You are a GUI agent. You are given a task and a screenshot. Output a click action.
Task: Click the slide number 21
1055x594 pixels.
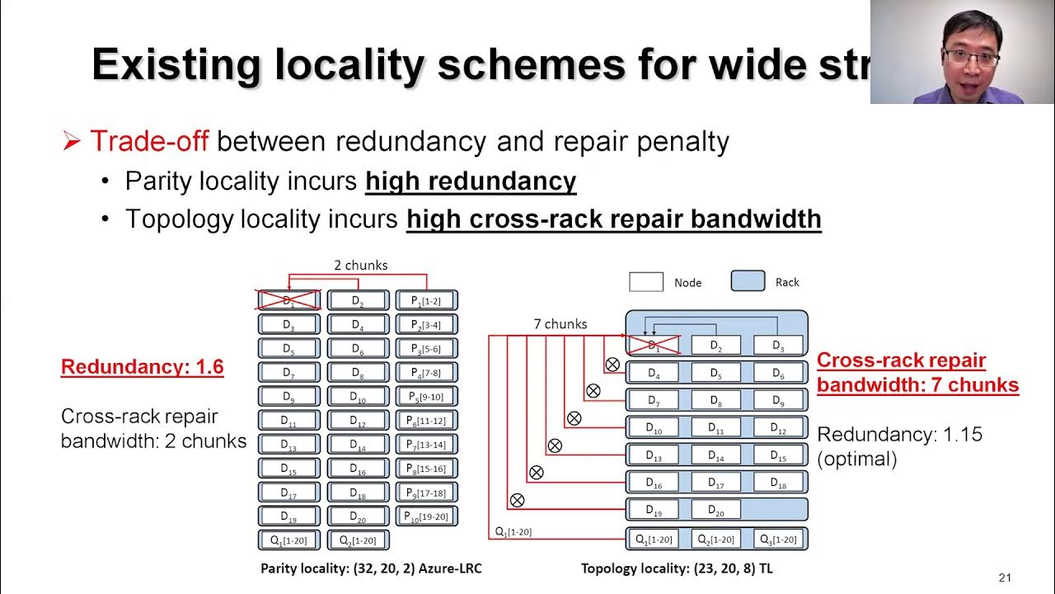(x=1004, y=577)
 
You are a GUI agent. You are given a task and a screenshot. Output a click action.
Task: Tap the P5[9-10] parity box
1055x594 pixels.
(x=427, y=396)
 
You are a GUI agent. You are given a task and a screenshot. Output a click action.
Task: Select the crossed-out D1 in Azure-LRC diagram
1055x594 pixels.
(x=288, y=300)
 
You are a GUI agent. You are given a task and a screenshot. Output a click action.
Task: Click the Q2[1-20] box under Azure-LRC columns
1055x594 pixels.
(x=358, y=541)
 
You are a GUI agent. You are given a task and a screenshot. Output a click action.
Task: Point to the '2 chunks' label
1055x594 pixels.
(x=360, y=266)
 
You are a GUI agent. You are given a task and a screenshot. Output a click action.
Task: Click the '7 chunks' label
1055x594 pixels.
(x=560, y=324)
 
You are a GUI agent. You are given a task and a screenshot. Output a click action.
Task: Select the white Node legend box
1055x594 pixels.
(x=646, y=282)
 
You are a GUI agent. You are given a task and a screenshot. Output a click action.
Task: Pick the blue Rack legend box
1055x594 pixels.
(x=748, y=281)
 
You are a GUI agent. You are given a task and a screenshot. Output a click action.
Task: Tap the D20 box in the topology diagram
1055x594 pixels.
(x=715, y=511)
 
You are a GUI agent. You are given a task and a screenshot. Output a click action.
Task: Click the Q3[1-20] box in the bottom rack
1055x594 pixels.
(x=778, y=540)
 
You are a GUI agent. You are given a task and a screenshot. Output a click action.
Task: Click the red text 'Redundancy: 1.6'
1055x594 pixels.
(x=143, y=367)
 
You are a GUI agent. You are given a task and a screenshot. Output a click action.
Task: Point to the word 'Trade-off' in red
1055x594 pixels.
(x=149, y=141)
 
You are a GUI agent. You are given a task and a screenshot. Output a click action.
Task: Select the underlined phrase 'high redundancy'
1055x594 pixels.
(x=471, y=181)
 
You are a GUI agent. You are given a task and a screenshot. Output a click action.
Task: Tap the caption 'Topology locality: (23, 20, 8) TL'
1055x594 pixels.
(x=676, y=568)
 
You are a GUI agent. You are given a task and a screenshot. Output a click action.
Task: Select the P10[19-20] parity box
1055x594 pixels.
(x=427, y=516)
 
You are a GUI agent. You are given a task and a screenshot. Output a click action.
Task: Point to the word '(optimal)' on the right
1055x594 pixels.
(x=857, y=459)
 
